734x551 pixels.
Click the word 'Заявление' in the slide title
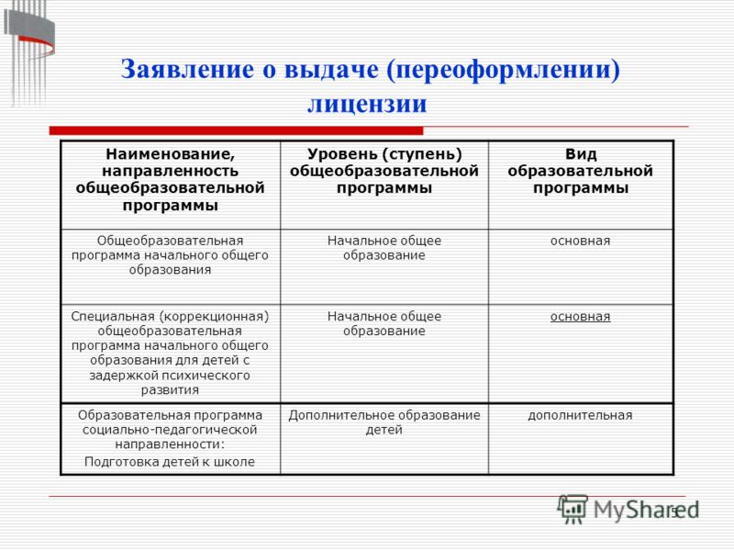188,69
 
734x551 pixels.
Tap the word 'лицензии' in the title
367,104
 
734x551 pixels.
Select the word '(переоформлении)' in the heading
503,70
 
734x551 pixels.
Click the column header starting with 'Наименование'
171,179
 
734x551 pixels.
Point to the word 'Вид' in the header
581,154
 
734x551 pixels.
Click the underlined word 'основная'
581,317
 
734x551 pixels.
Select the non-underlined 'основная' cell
581,241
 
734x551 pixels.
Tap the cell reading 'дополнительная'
581,415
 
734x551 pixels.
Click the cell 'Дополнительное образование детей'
384,422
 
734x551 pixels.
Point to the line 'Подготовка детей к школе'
170,462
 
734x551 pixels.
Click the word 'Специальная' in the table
113,317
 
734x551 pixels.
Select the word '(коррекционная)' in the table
215,317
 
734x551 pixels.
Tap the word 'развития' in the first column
170,390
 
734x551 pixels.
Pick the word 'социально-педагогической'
170,430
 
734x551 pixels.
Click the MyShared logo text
646,510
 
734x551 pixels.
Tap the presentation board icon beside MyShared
573,509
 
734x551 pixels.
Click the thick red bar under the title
236,130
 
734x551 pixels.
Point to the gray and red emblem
29,52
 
